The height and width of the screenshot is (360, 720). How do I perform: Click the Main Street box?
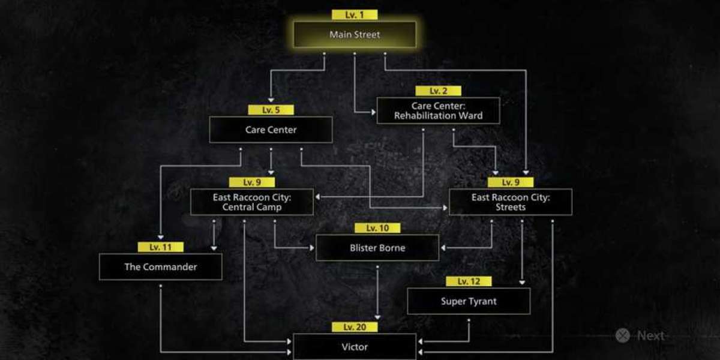[355, 34]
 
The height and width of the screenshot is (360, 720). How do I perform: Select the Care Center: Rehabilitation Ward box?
[438, 110]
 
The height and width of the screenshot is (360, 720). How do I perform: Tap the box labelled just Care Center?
[271, 130]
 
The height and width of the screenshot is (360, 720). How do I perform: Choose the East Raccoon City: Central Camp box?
[251, 202]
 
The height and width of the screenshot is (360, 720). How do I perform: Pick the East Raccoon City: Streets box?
[511, 202]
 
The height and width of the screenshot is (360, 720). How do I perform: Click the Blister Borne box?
[377, 247]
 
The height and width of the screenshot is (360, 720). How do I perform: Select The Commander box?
[160, 266]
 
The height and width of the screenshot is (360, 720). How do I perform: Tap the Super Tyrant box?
[469, 301]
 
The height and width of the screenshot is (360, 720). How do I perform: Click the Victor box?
[355, 347]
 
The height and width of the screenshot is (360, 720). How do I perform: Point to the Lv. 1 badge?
[355, 15]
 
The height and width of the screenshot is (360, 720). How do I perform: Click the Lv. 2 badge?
[438, 91]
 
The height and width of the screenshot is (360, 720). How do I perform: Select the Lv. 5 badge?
[271, 110]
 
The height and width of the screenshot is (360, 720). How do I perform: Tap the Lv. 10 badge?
[377, 228]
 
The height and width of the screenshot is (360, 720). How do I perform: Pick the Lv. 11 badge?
[160, 247]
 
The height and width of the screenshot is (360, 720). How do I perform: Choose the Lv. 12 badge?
[469, 281]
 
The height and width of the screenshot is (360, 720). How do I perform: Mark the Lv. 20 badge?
[355, 327]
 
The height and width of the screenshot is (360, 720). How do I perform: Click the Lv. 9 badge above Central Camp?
[251, 182]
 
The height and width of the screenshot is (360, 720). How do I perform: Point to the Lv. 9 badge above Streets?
[511, 182]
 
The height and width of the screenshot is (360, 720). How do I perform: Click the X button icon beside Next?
[623, 335]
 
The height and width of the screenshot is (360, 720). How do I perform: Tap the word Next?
[651, 335]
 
